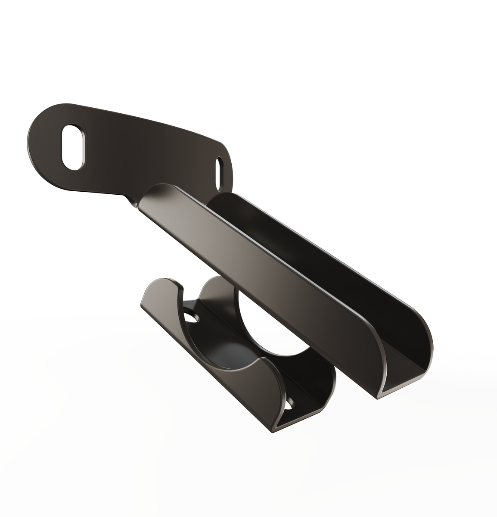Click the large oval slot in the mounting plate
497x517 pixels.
pos(74,147)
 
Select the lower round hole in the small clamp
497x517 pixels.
pos(291,404)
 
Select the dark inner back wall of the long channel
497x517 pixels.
pos(301,241)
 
